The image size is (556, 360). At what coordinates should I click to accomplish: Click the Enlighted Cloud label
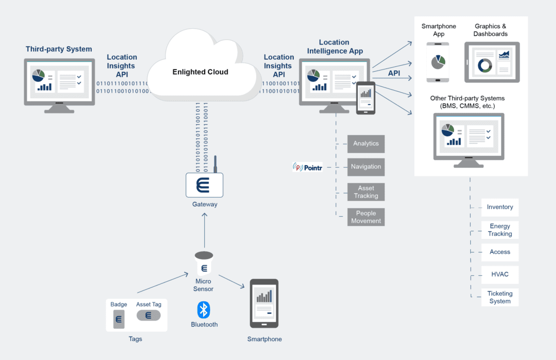200,72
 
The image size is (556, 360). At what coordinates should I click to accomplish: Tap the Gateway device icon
204,185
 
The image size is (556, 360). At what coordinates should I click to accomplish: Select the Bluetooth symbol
204,310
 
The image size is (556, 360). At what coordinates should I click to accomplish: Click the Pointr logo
307,167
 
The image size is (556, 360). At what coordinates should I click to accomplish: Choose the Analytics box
366,143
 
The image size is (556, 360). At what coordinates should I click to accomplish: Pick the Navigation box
366,167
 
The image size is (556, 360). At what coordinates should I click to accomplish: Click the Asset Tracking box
366,192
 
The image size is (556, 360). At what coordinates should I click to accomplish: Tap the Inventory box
500,207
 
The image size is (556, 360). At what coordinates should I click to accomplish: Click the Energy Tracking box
500,230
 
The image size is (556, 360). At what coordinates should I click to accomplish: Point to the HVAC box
500,275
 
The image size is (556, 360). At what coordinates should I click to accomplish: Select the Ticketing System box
500,297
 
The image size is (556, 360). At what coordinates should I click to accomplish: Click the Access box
500,252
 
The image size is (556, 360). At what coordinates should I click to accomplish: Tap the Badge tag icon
118,319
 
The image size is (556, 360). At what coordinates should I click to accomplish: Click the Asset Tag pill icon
148,315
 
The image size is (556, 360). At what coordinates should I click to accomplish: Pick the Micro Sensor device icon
204,264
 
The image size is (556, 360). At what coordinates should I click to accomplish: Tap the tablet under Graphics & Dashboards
492,62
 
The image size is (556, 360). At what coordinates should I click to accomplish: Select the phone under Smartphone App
438,62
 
